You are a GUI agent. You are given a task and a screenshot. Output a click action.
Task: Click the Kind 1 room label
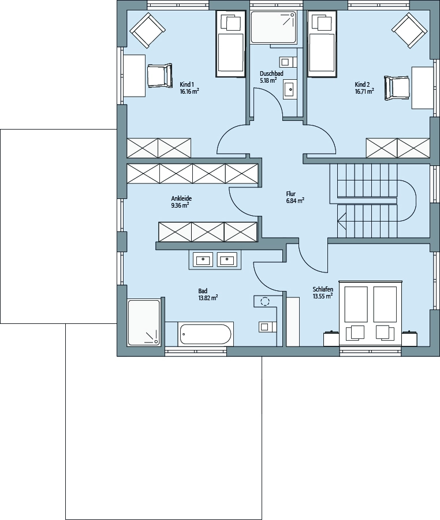point(187,84)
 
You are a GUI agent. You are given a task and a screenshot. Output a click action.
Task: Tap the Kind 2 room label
point(362,84)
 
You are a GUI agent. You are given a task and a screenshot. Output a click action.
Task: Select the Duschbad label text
point(271,73)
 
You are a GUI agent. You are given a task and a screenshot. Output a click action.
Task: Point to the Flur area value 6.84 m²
point(295,201)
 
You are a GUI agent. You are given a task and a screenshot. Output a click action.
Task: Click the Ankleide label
point(181,198)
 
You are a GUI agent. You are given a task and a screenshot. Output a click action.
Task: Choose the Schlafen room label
point(323,290)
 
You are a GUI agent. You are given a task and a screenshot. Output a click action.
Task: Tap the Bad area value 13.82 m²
point(208,298)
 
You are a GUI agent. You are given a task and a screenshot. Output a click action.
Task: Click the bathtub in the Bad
point(206,334)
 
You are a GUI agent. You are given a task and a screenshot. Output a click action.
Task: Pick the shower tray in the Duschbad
point(273,27)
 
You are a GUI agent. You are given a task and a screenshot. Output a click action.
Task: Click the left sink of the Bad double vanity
point(202,259)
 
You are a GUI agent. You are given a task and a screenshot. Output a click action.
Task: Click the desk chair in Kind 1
point(160,76)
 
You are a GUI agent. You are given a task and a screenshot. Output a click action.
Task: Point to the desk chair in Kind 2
point(397,88)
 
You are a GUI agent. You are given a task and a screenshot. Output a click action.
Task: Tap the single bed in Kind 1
point(231,44)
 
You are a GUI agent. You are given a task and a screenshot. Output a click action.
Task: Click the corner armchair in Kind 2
point(409,30)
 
